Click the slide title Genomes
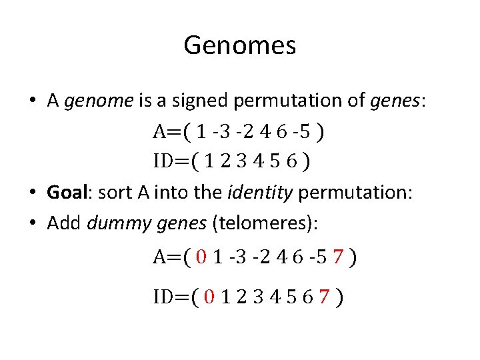pos(239,46)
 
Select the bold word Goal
pos(67,193)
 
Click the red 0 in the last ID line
pos(209,297)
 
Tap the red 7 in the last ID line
pos(324,297)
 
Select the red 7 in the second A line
pos(338,257)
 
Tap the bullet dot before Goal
pos(33,193)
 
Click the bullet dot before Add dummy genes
pos(33,223)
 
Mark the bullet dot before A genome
pos(33,101)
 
